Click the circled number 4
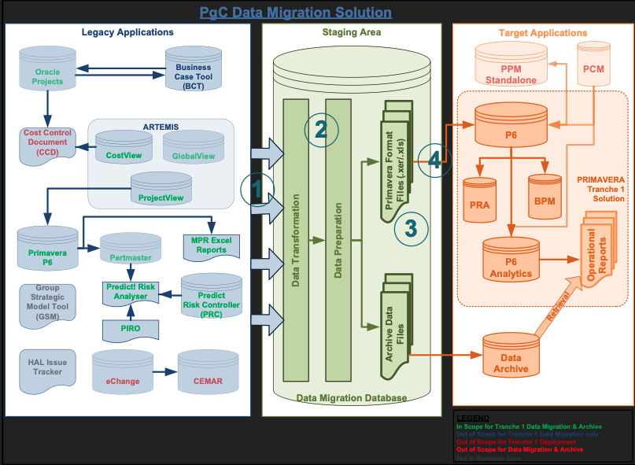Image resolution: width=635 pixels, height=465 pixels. (435, 161)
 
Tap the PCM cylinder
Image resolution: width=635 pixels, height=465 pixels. (594, 70)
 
